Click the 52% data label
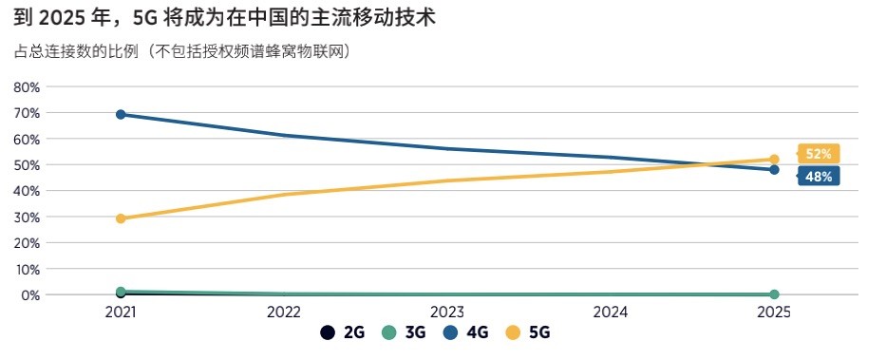pyautogui.click(x=818, y=154)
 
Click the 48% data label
pyautogui.click(x=818, y=177)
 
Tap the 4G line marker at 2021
pyautogui.click(x=121, y=115)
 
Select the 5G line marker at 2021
pyautogui.click(x=121, y=218)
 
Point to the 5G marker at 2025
pyautogui.click(x=774, y=160)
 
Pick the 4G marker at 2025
pyautogui.click(x=774, y=170)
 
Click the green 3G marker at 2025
pyautogui.click(x=774, y=294)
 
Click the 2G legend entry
pyautogui.click(x=344, y=332)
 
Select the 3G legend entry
pyautogui.click(x=405, y=332)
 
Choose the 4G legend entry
pyautogui.click(x=467, y=332)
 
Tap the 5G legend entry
pyautogui.click(x=529, y=332)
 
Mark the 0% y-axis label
pyautogui.click(x=30, y=295)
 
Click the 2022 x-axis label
pyautogui.click(x=284, y=312)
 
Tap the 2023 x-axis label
pyautogui.click(x=447, y=312)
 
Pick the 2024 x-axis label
pyautogui.click(x=611, y=312)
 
